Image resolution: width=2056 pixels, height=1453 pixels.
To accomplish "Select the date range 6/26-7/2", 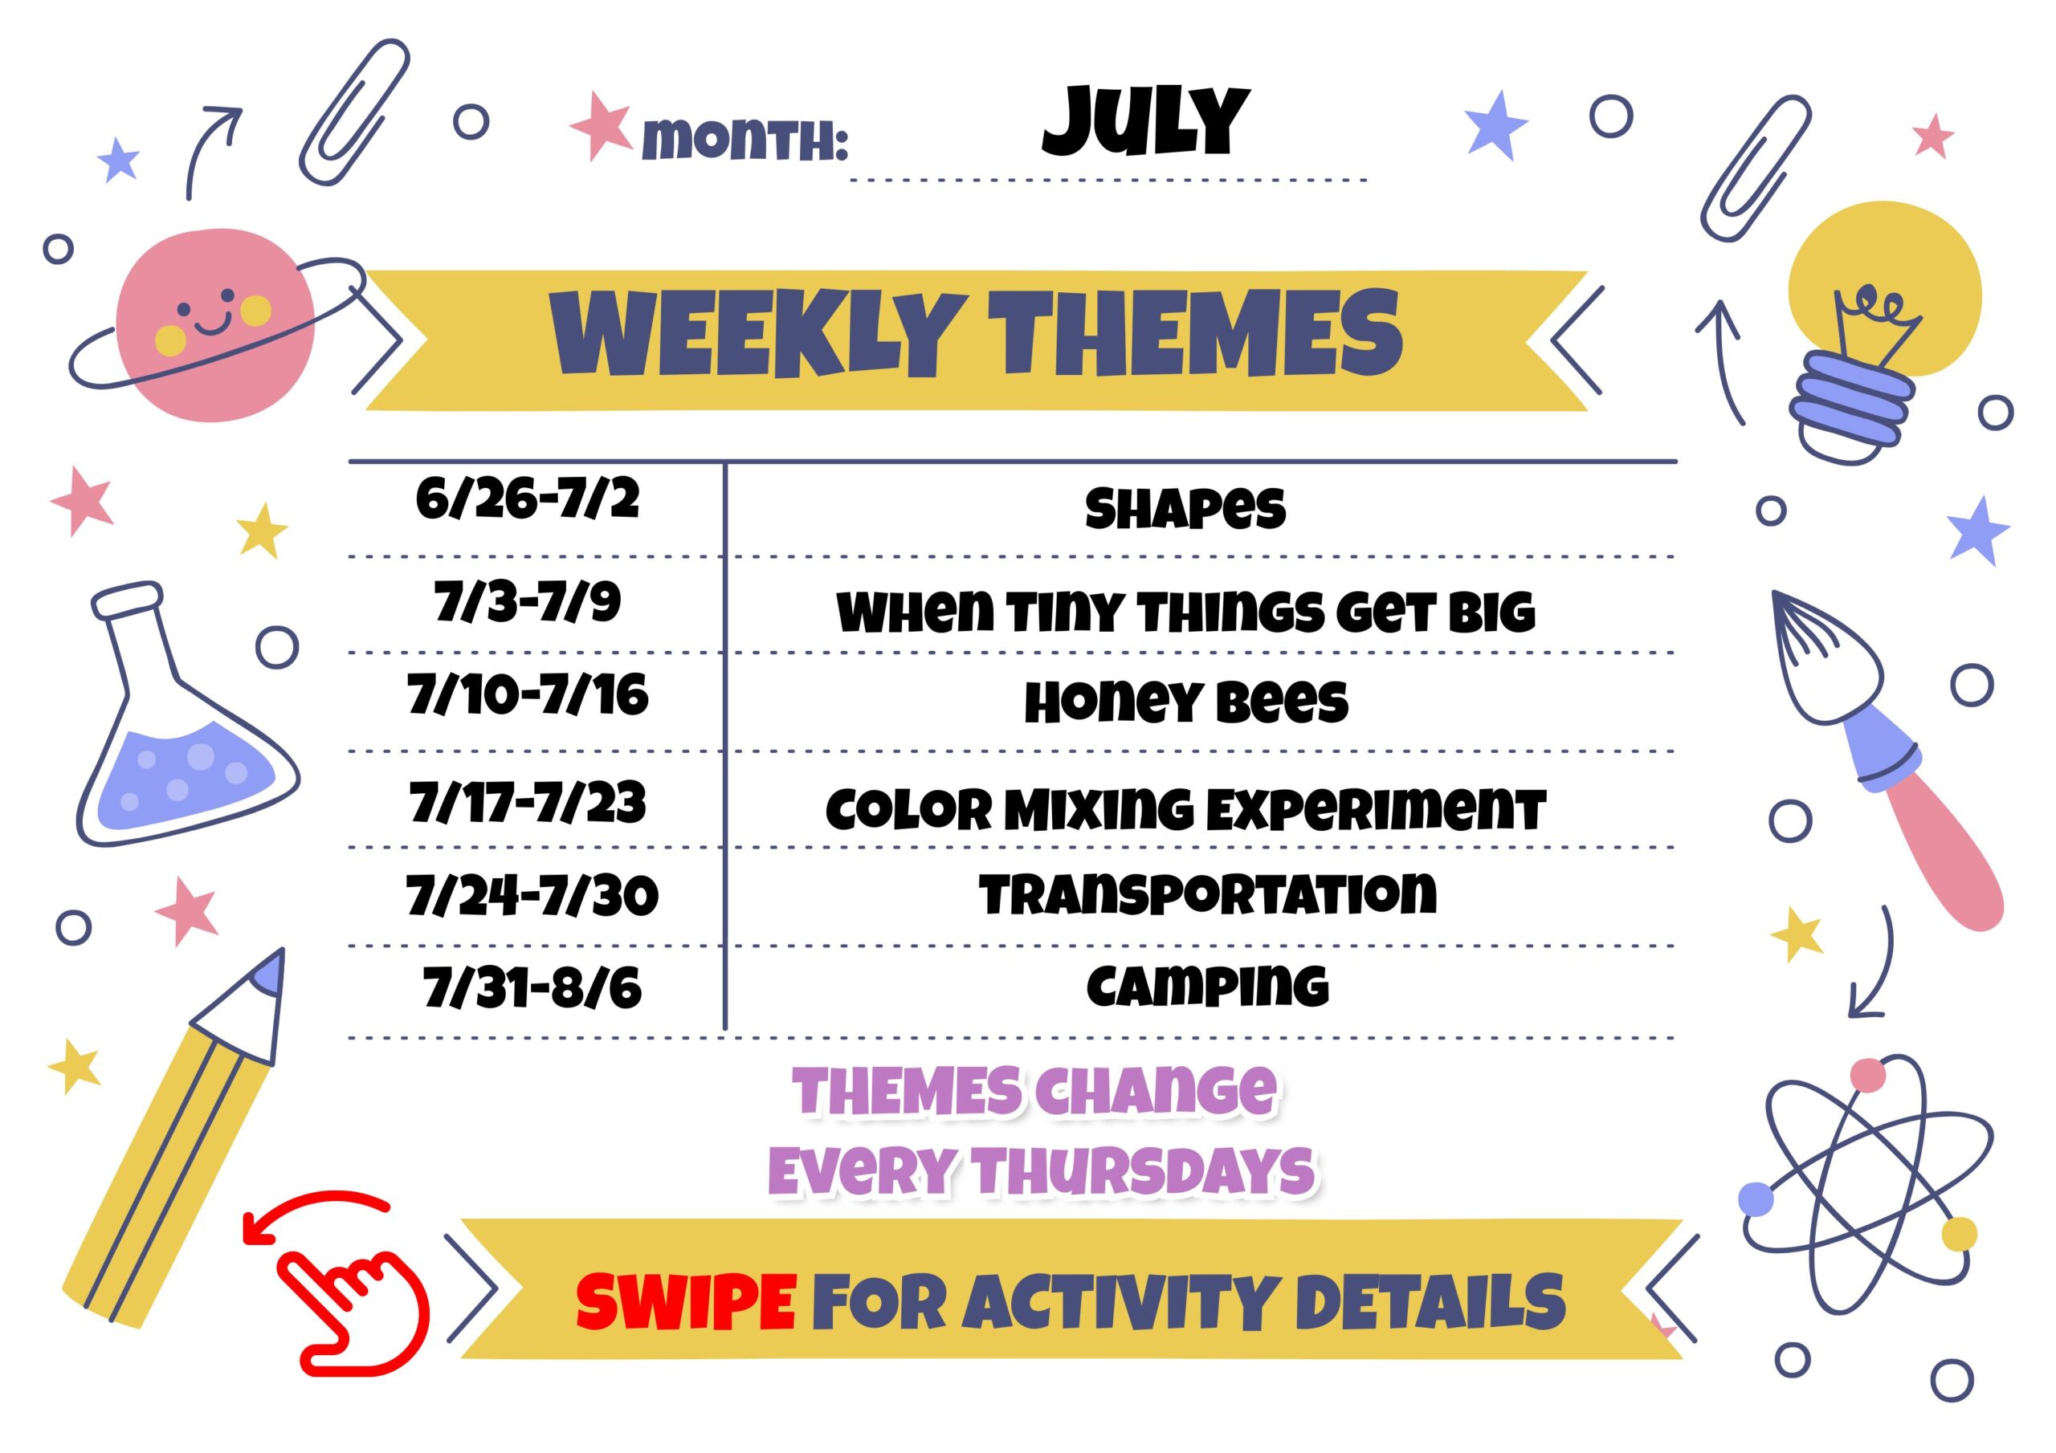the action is point(528,499).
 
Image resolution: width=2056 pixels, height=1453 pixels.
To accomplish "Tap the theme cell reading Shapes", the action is point(1185,508).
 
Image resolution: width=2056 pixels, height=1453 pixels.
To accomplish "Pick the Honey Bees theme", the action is point(1185,702).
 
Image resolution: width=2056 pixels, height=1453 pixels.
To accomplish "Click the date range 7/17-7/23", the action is point(528,802).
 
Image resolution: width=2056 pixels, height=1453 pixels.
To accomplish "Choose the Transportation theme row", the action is point(1207,894).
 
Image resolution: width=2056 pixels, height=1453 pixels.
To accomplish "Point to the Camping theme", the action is point(1207,987).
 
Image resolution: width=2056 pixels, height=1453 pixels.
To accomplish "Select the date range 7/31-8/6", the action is point(532,987).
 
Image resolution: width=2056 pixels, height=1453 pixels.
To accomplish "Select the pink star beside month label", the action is point(601,125).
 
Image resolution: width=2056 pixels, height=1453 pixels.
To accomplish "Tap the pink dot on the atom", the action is point(1867,1075).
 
